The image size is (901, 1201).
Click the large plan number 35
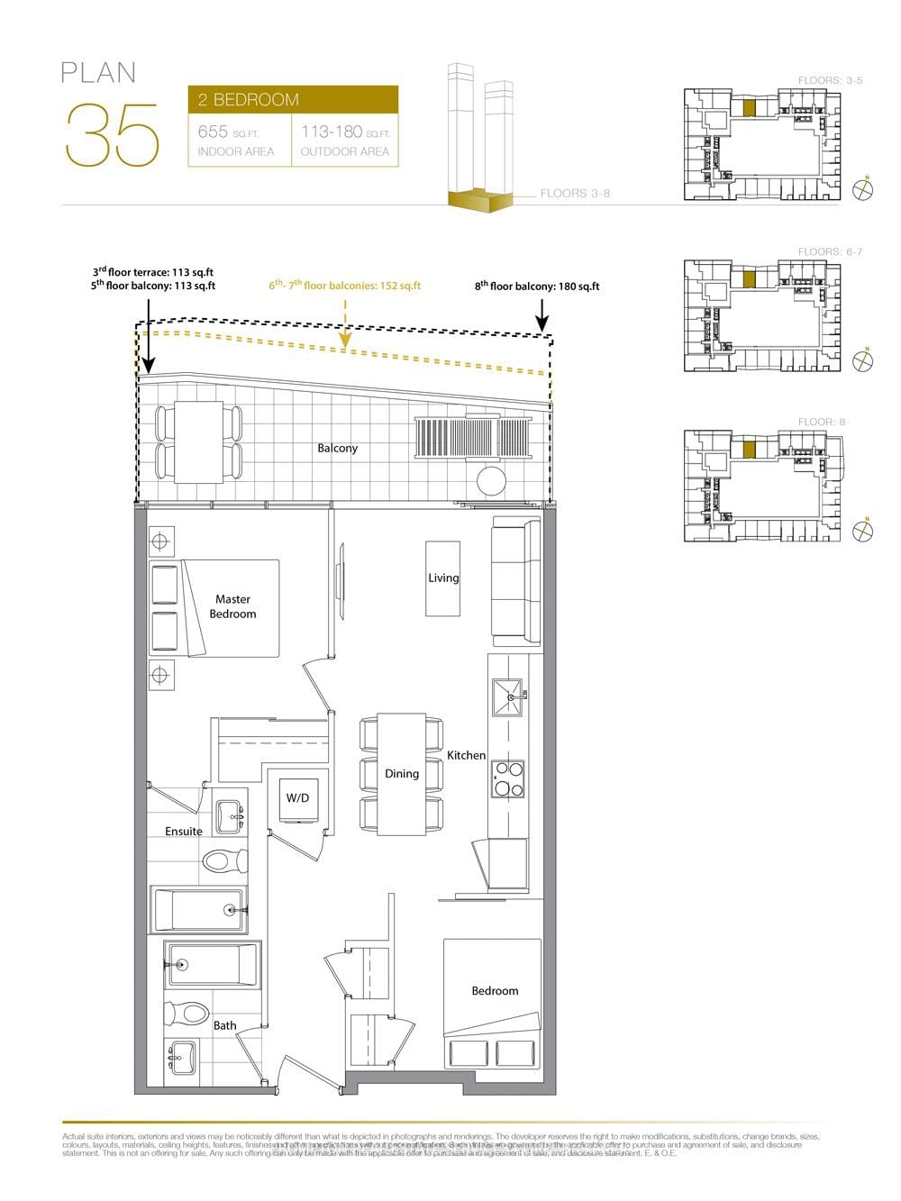click(x=112, y=136)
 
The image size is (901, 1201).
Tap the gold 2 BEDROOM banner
click(x=293, y=99)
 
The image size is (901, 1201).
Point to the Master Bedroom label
click(x=232, y=606)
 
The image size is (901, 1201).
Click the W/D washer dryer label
click(x=297, y=798)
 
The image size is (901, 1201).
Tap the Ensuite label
click(x=184, y=832)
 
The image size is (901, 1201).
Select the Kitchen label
click(x=467, y=755)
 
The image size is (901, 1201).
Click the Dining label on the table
click(x=402, y=774)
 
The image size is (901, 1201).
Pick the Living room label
click(x=443, y=578)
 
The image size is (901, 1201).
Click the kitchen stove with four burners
click(x=507, y=778)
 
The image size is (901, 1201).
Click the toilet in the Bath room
click(x=187, y=1014)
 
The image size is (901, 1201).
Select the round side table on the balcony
click(x=493, y=481)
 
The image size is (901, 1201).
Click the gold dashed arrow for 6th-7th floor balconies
click(x=345, y=325)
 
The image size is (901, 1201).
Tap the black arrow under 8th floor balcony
click(x=542, y=317)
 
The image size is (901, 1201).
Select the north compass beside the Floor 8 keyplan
click(x=863, y=532)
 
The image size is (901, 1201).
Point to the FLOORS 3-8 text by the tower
click(x=575, y=194)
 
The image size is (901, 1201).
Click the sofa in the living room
click(x=515, y=581)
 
